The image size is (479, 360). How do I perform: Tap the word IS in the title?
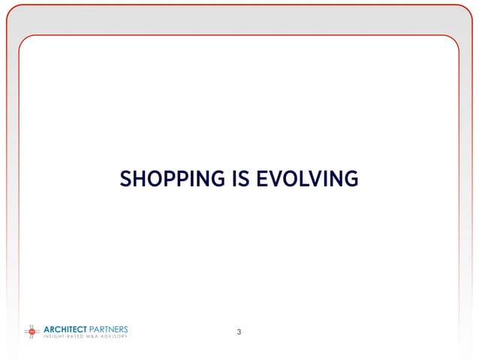tap(240, 179)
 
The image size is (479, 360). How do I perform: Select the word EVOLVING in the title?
tap(307, 179)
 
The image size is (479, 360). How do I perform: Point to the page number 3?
tap(239, 331)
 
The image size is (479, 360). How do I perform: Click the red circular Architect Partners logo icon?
tap(32, 331)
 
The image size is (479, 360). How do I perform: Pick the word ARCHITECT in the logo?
tap(65, 328)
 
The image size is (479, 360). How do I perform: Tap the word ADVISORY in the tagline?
tap(114, 336)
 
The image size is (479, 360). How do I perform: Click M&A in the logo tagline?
tap(92, 336)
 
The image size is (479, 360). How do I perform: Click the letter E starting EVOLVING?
tap(262, 179)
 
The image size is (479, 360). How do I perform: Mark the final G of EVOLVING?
tap(350, 179)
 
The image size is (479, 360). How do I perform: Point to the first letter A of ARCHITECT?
tap(47, 328)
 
